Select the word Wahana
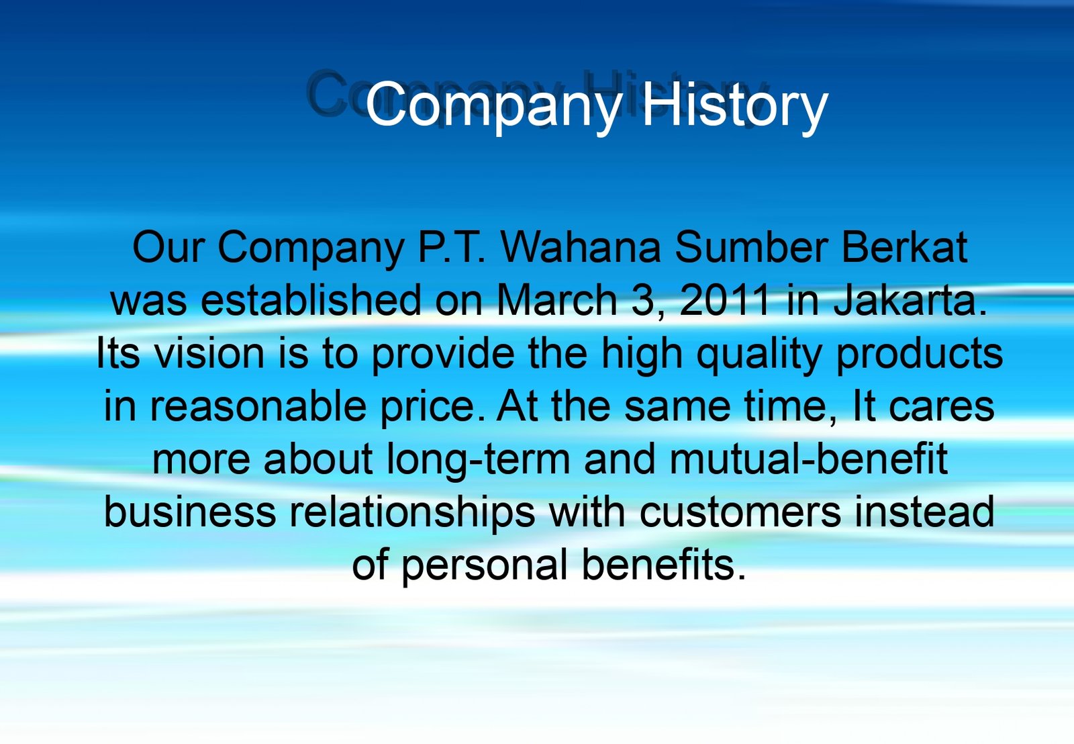point(580,248)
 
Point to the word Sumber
point(751,248)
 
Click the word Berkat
point(904,248)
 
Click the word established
point(311,300)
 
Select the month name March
point(556,300)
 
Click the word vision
point(209,353)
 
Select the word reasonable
point(258,406)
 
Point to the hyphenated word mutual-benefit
point(808,459)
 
